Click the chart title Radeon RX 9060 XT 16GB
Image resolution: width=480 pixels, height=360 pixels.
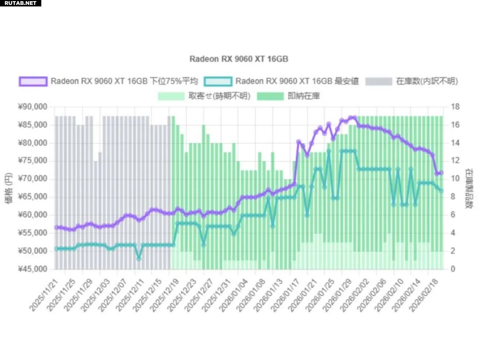pos(239,59)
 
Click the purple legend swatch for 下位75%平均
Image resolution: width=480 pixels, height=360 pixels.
pos(33,81)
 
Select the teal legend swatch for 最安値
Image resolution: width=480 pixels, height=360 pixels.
pos(218,81)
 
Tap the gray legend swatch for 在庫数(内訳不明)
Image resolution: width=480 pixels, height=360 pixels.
pos(378,81)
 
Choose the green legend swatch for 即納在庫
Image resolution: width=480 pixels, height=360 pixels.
pos(270,96)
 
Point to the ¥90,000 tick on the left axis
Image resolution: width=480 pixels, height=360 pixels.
pos(32,107)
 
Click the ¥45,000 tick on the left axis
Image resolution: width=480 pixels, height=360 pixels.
pos(32,269)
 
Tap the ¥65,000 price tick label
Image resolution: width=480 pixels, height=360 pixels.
pos(32,197)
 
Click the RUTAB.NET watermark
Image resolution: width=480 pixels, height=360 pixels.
pos(20,3)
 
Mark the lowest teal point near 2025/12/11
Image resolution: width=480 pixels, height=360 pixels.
pos(139,258)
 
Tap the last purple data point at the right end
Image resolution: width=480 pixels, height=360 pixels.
pos(441,173)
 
